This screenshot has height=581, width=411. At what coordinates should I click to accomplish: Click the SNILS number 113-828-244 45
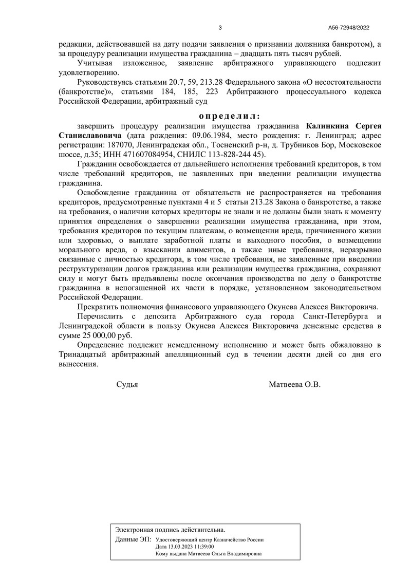tap(236, 155)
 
